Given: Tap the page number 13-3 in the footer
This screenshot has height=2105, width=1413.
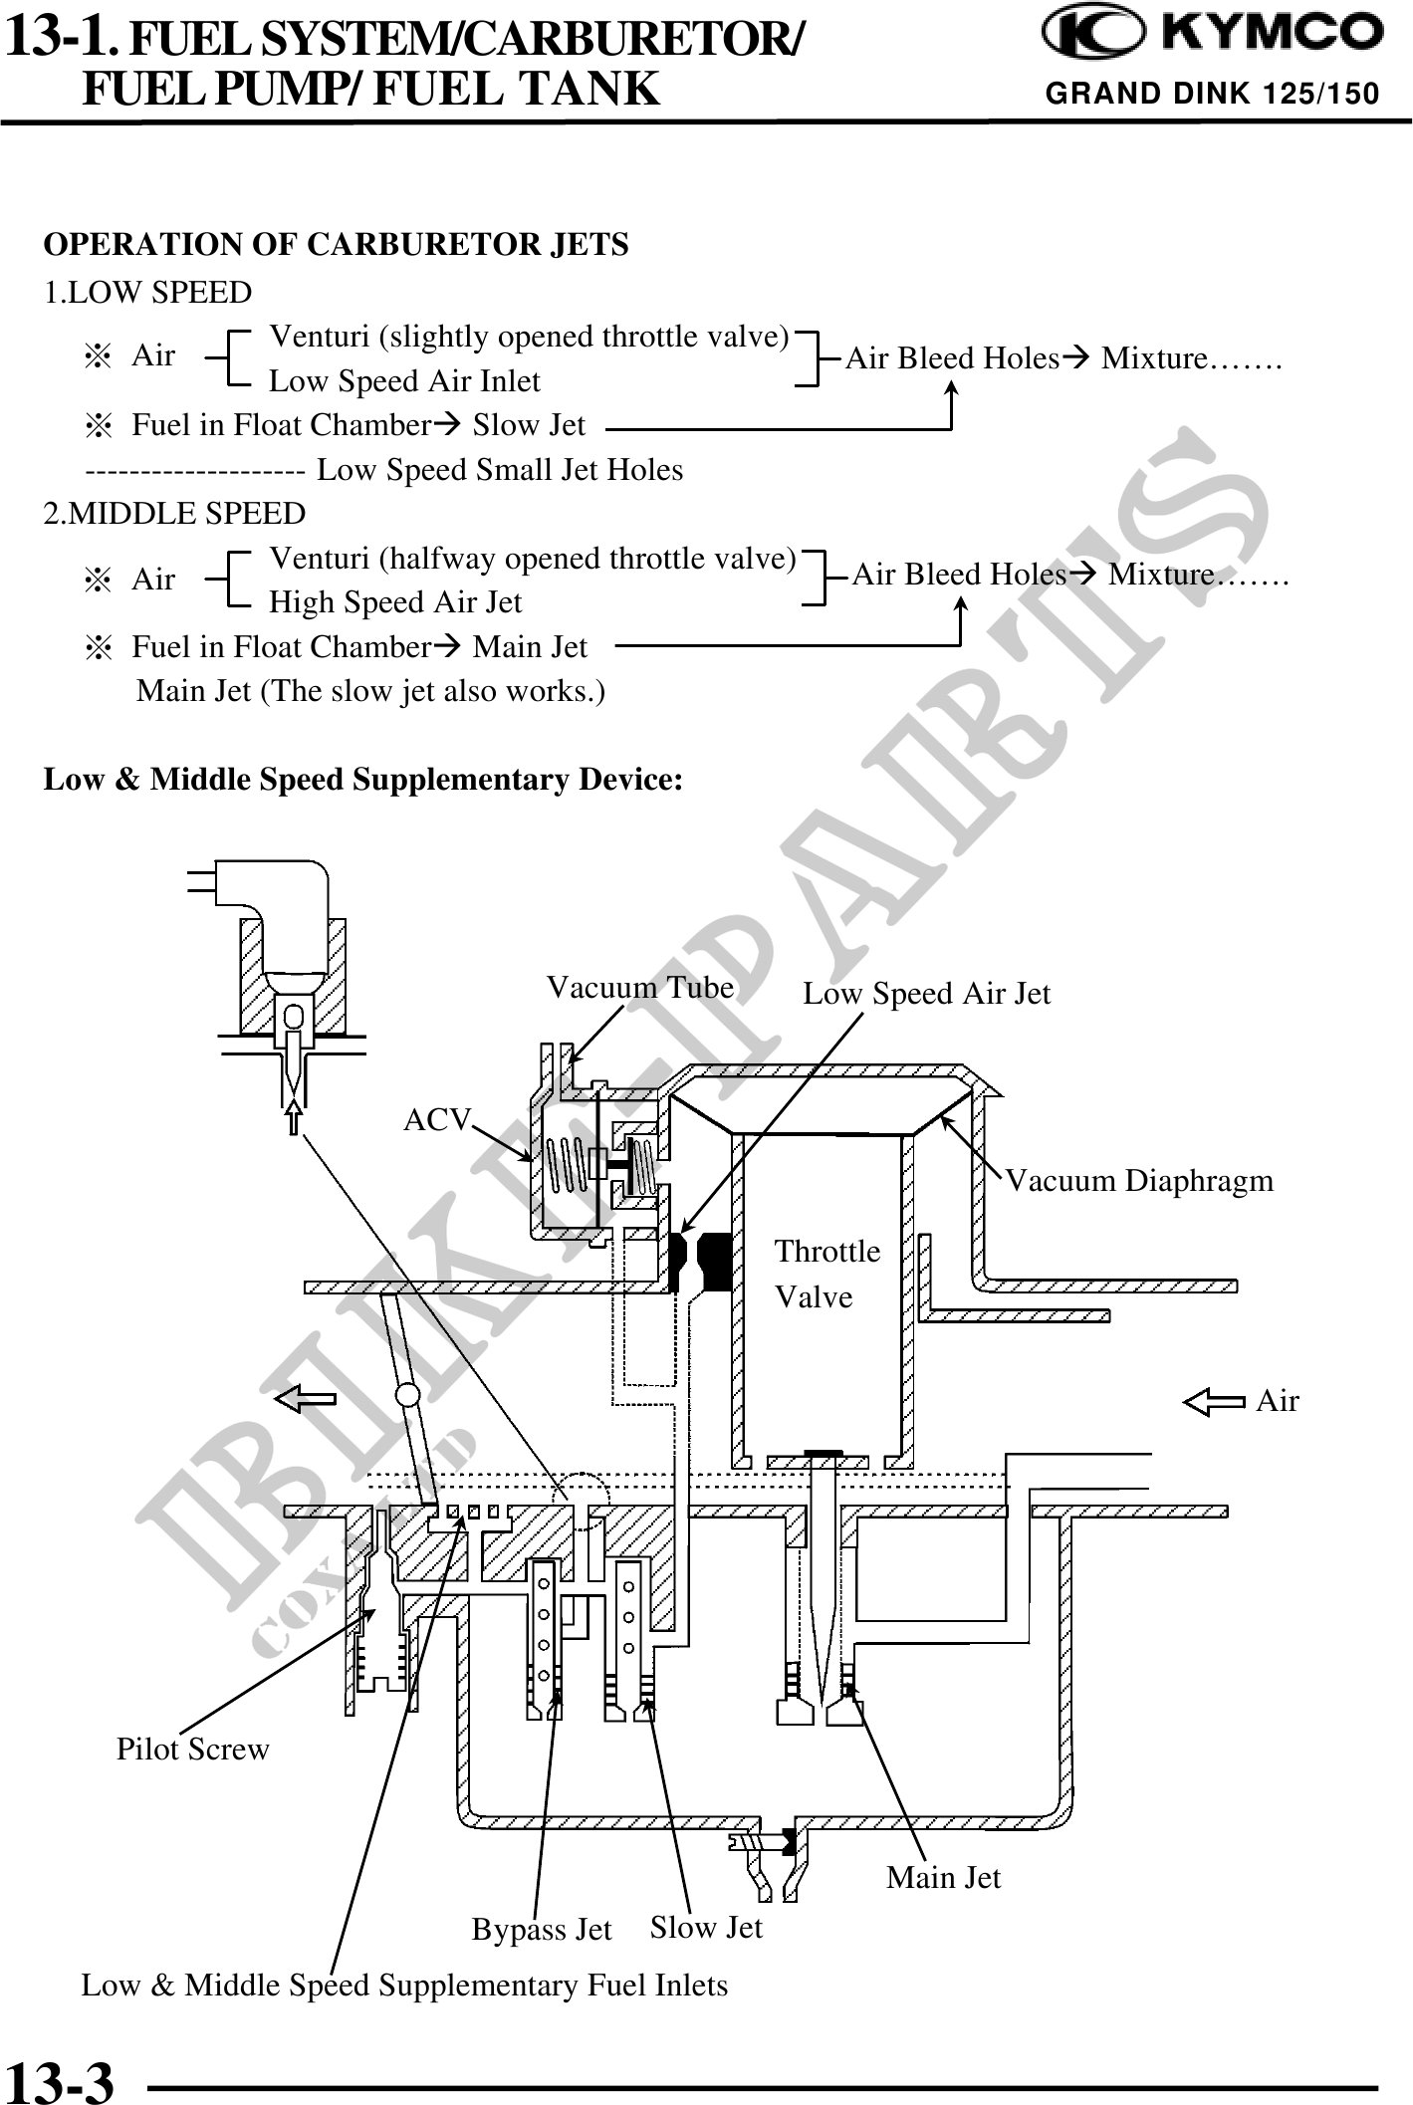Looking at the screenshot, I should point(60,2079).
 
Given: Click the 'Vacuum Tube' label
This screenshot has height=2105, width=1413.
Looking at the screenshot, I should point(640,988).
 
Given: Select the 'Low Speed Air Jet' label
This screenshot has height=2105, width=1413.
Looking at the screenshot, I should point(926,994).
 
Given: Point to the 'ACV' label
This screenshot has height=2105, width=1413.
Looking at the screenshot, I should point(435,1120).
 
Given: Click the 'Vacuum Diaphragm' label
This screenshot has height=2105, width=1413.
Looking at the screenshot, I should point(1139,1181).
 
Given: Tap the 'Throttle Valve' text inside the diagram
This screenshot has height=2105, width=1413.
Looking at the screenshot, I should point(826,1274).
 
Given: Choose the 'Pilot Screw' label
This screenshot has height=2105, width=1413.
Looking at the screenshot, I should point(193,1750).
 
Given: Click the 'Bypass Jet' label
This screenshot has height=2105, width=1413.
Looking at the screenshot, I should point(542,1930).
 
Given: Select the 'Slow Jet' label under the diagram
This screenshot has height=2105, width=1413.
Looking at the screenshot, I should point(706,1928).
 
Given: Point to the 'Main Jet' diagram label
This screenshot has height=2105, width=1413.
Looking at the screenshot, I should point(943,1878).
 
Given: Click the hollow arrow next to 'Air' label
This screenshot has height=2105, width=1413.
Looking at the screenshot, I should point(1213,1403).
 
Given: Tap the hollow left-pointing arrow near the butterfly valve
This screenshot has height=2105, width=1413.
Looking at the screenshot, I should point(305,1399).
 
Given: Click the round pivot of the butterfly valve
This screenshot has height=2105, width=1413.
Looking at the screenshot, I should point(407,1391).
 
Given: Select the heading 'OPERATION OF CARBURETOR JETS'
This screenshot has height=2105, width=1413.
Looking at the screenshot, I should point(336,245).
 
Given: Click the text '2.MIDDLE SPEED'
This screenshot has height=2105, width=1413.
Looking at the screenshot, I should point(174,514).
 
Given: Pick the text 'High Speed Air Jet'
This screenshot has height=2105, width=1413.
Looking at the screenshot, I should point(395,602).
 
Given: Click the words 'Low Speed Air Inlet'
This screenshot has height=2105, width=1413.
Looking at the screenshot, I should point(404,381).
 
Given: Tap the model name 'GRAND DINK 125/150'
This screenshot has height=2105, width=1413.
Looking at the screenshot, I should point(1212,94).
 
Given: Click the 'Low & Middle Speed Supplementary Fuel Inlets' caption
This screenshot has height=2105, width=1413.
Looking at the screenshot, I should point(404,1986).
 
